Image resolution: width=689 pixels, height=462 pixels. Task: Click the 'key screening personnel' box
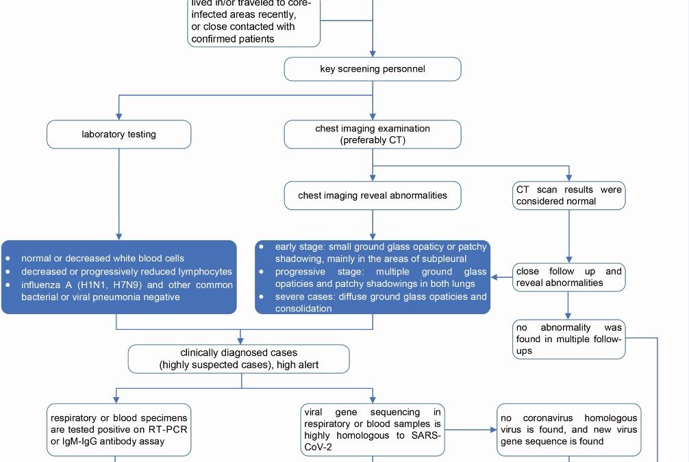[372, 68]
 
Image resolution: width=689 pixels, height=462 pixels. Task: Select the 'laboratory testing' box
[118, 134]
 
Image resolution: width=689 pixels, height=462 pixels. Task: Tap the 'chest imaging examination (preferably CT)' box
[372, 134]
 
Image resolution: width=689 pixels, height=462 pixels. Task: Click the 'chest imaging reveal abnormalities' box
[372, 196]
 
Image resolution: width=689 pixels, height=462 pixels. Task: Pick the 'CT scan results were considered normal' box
[568, 196]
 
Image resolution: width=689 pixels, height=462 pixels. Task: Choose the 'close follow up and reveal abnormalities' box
[568, 277]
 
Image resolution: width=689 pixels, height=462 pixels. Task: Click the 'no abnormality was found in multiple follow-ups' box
[568, 339]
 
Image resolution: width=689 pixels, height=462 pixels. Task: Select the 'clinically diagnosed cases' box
[238, 359]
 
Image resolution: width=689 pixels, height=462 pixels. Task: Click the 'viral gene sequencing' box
[373, 430]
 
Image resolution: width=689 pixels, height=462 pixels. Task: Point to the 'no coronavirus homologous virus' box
[568, 430]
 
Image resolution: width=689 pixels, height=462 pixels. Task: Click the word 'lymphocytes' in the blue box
[204, 272]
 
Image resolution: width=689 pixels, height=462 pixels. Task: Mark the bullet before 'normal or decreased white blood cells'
[8, 259]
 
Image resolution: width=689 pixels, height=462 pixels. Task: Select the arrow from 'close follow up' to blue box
[501, 277]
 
